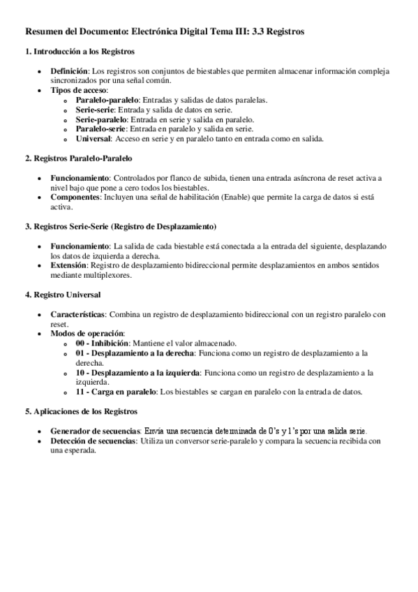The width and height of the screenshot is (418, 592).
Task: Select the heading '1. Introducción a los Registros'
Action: [x=80, y=52]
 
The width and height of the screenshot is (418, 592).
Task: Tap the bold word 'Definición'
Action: [x=69, y=72]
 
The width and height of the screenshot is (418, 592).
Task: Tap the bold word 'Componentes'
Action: [x=75, y=198]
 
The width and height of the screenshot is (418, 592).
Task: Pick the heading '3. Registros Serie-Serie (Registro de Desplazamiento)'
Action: [x=120, y=227]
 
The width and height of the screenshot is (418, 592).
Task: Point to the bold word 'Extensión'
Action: [x=70, y=266]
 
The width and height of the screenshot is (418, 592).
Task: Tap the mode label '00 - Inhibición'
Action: [x=103, y=344]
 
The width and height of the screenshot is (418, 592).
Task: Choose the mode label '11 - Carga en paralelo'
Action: [x=116, y=392]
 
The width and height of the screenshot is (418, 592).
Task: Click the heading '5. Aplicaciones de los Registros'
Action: [x=81, y=412]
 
